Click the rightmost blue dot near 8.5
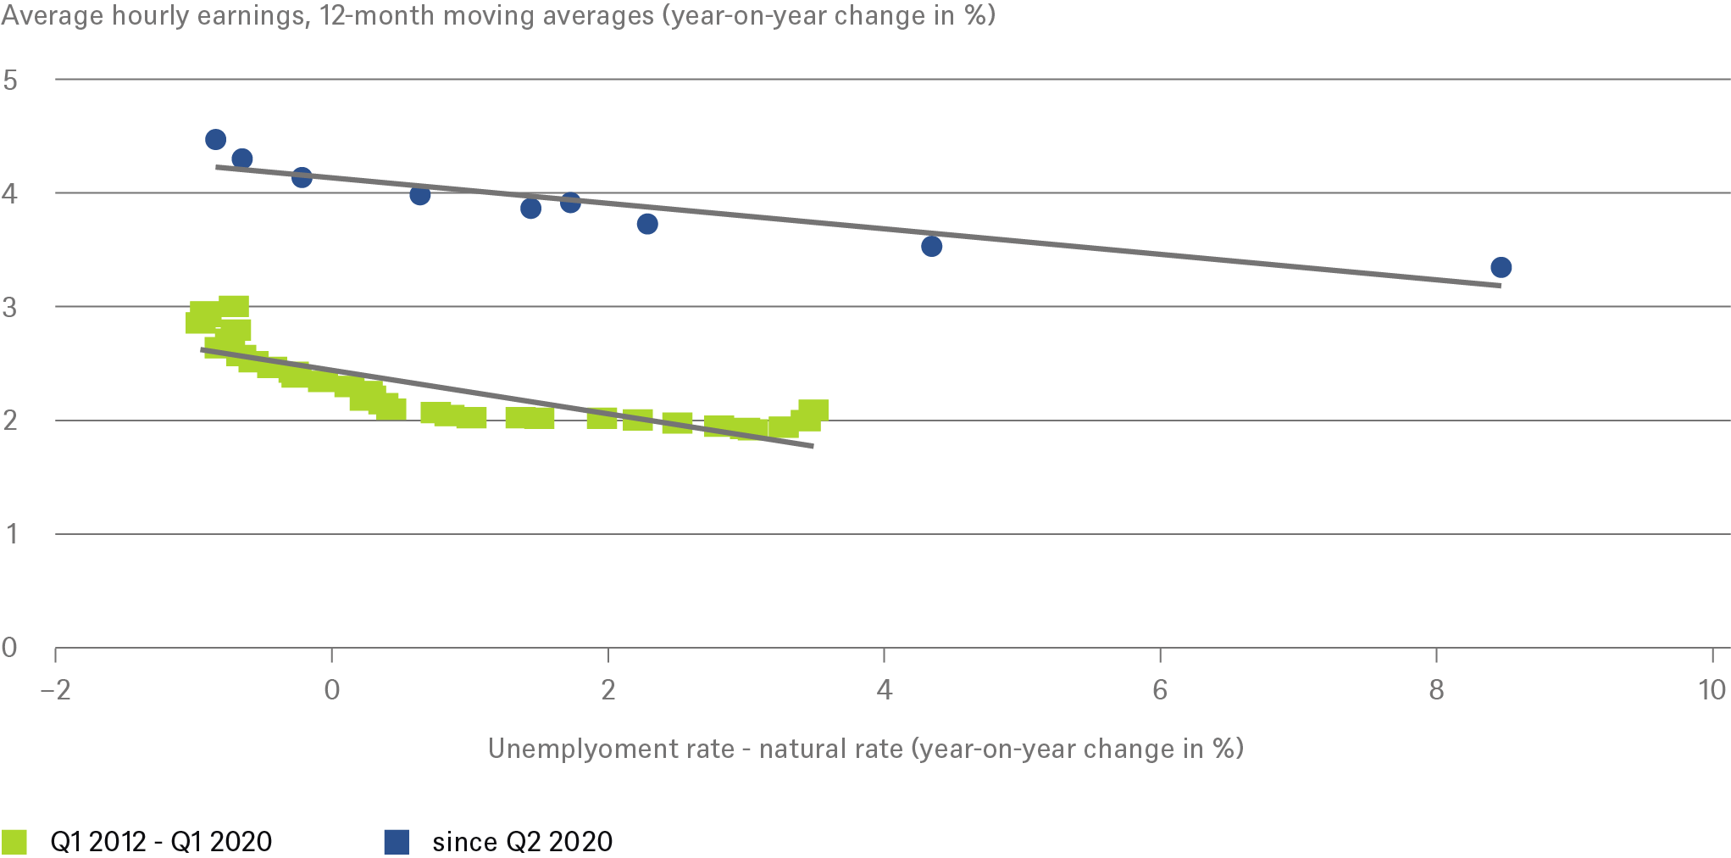click(1501, 268)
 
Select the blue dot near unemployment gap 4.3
click(931, 247)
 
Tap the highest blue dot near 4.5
click(215, 140)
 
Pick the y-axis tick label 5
click(10, 81)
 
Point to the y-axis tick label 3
click(10, 307)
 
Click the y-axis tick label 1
click(11, 534)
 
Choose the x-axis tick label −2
click(55, 690)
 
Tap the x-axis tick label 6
click(1159, 690)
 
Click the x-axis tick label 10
click(1712, 690)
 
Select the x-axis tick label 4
click(884, 690)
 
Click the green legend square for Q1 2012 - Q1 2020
click(14, 842)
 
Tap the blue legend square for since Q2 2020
click(397, 842)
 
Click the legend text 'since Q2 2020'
click(522, 842)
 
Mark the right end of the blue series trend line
click(1500, 286)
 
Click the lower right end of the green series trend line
click(813, 446)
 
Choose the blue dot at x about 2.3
click(647, 224)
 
